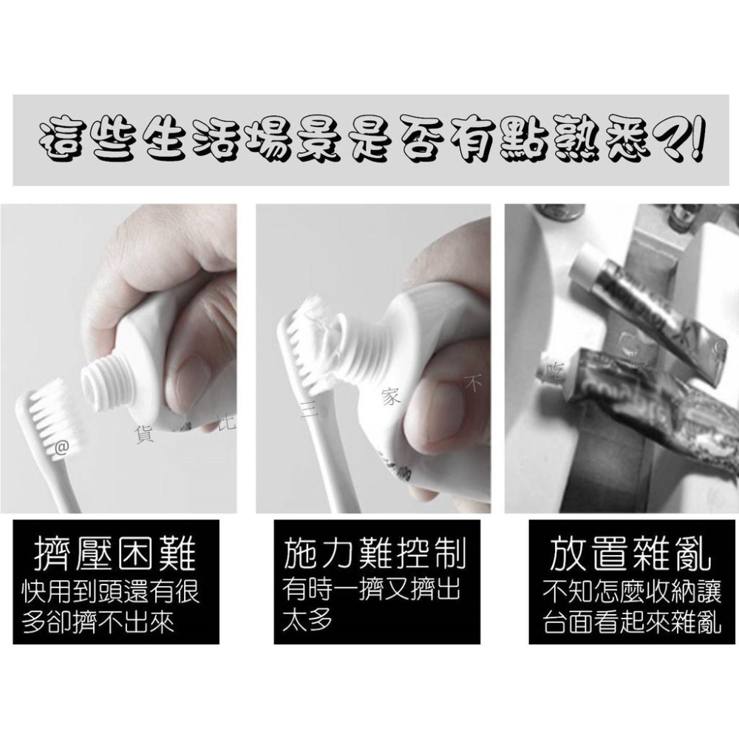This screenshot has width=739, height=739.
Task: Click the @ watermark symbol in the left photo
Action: [x=62, y=446]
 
